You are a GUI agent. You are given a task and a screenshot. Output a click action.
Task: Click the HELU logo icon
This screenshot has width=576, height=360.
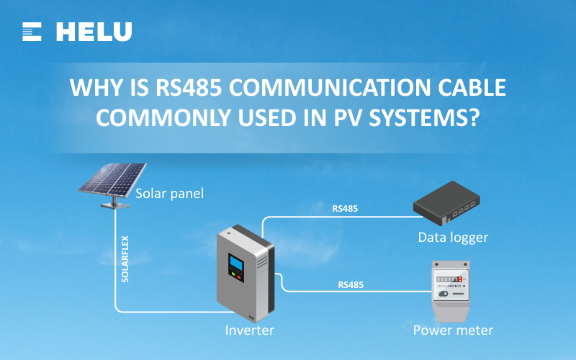point(32,31)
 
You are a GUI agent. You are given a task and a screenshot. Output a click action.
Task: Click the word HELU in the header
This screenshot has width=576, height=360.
point(94,32)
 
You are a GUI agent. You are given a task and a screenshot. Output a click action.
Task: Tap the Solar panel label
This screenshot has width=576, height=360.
point(170,193)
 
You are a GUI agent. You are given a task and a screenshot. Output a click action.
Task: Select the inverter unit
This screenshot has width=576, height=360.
point(245,274)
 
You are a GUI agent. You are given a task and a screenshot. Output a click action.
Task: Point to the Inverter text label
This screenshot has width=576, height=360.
point(249,330)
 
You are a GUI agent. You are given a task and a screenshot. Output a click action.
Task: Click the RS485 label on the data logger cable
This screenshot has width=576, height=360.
point(345,209)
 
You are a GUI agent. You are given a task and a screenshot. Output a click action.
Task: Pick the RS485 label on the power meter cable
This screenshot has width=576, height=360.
point(351,284)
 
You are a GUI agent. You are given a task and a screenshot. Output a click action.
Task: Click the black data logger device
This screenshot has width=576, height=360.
point(446,204)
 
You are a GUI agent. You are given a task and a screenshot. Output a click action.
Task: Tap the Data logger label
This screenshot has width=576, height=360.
point(453,237)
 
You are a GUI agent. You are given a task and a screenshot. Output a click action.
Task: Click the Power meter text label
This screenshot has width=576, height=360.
point(453,330)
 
